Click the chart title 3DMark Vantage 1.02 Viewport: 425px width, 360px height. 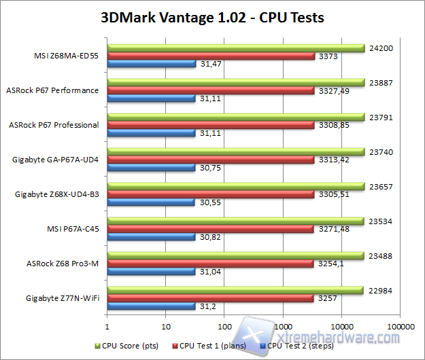tap(212, 16)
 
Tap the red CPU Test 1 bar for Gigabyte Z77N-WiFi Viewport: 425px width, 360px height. tap(210, 298)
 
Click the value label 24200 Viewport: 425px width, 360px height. tap(379, 49)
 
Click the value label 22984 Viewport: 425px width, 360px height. tap(379, 291)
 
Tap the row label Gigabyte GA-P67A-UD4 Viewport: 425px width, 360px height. tap(56, 160)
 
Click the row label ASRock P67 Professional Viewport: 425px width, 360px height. tap(53, 125)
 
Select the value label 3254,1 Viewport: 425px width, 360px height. tap(329, 264)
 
